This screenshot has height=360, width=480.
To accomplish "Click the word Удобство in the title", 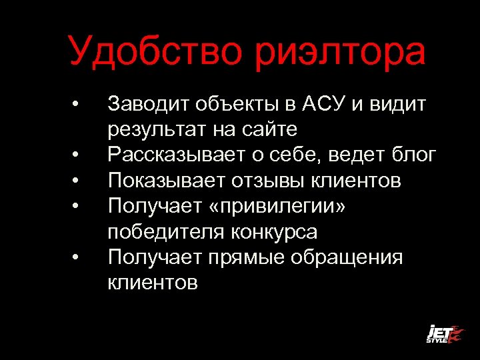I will [x=155, y=52].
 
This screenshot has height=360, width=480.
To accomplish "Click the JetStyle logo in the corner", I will [x=444, y=333].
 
